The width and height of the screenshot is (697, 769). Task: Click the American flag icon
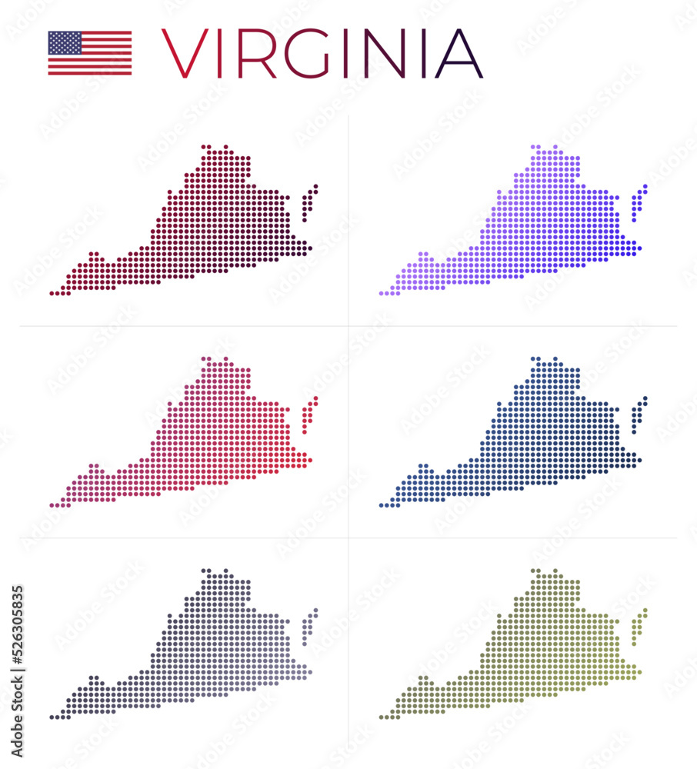click(90, 53)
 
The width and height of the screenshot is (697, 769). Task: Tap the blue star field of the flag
click(65, 42)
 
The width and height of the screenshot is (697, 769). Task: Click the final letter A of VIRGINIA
click(459, 54)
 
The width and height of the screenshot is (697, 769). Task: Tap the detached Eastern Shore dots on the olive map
click(639, 627)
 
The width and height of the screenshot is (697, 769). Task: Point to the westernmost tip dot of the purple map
click(382, 293)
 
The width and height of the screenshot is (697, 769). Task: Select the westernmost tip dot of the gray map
click(52, 717)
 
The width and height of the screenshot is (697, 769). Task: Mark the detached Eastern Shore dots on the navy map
click(639, 415)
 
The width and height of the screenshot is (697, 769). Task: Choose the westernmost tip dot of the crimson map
click(52, 505)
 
